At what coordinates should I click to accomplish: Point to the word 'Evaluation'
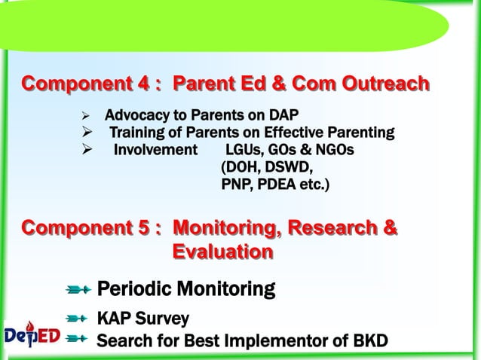pyautogui.click(x=222, y=252)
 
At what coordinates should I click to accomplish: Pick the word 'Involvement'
pyautogui.click(x=155, y=150)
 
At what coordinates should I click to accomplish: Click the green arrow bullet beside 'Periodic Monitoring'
pyautogui.click(x=78, y=289)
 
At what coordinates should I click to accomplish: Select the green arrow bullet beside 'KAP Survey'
pyautogui.click(x=78, y=319)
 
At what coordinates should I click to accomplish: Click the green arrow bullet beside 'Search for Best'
pyautogui.click(x=78, y=340)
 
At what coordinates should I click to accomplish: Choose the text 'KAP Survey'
pyautogui.click(x=143, y=319)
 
